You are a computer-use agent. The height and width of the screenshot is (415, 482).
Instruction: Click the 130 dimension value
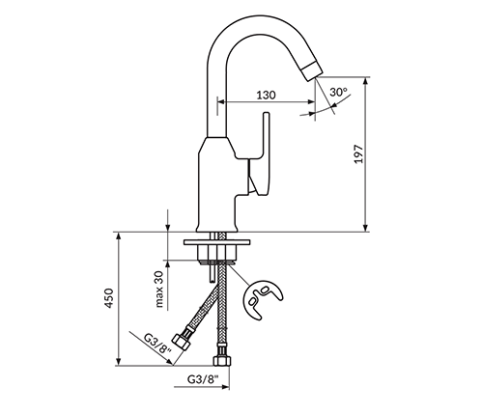(266, 95)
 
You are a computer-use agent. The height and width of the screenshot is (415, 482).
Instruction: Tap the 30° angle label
(338, 92)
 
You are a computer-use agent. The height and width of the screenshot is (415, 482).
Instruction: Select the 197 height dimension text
(358, 154)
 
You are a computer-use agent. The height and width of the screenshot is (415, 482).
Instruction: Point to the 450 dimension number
(109, 298)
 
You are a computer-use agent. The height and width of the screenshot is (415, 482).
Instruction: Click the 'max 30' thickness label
(159, 288)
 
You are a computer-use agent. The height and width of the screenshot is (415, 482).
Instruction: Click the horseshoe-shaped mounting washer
(262, 299)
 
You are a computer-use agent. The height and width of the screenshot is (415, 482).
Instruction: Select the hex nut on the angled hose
(182, 342)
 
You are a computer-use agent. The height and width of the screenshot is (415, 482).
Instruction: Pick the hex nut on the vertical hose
(222, 359)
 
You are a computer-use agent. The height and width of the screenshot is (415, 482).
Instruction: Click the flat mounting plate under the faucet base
(216, 242)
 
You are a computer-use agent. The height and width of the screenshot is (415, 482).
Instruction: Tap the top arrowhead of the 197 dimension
(365, 81)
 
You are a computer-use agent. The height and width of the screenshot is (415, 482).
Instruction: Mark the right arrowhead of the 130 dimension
(311, 102)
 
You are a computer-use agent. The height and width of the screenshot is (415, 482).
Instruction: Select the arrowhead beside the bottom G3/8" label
(225, 386)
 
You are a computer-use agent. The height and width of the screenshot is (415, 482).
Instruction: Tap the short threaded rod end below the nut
(212, 273)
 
